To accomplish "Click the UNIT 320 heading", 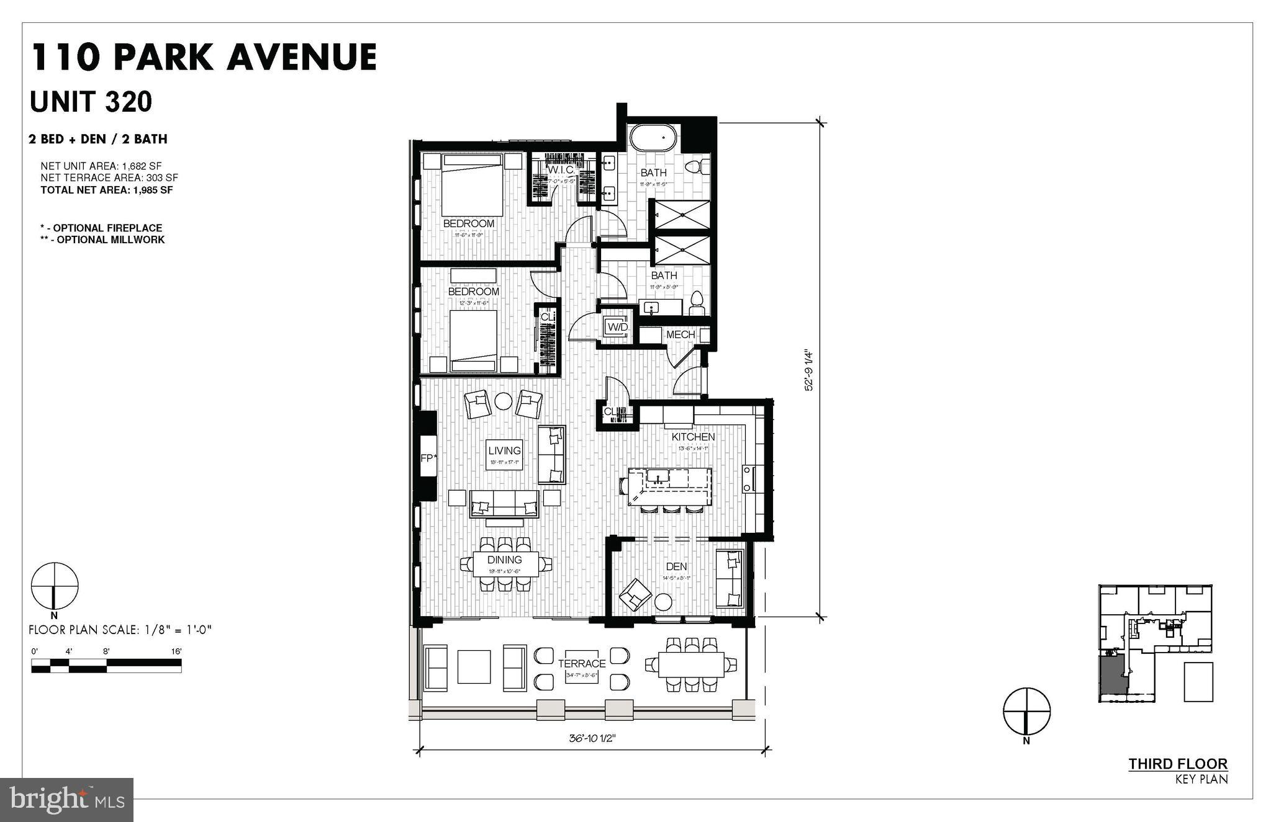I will pyautogui.click(x=91, y=102).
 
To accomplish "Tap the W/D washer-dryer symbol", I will pyautogui.click(x=617, y=326).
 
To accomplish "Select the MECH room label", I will pyautogui.click(x=680, y=335).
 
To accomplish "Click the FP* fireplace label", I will pyautogui.click(x=428, y=458).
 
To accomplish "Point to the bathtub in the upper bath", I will pyautogui.click(x=653, y=138).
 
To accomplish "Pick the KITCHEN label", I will pyautogui.click(x=693, y=437).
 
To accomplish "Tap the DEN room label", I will pyautogui.click(x=676, y=566).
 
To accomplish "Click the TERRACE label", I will pyautogui.click(x=581, y=664).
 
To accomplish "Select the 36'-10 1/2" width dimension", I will pyautogui.click(x=592, y=739).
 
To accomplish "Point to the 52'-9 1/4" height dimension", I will pyautogui.click(x=808, y=370).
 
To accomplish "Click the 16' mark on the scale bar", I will pyautogui.click(x=176, y=651).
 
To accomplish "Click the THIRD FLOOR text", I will pyautogui.click(x=1177, y=764).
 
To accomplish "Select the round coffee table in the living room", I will pyautogui.click(x=503, y=402).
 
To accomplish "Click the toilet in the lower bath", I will pyautogui.click(x=697, y=302).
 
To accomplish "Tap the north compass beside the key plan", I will pyautogui.click(x=1026, y=710).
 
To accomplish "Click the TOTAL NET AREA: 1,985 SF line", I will pyautogui.click(x=106, y=190).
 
